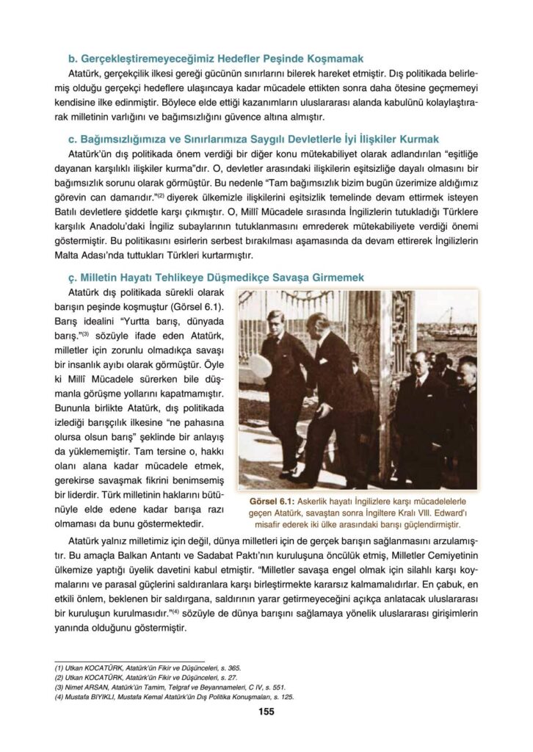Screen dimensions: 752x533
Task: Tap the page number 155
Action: [x=266, y=710]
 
